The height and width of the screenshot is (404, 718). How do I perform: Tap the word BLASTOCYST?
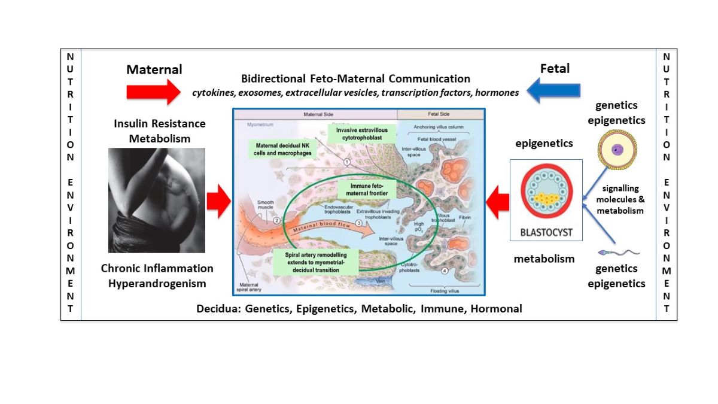click(546, 229)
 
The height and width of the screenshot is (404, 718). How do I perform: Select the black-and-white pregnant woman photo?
click(157, 200)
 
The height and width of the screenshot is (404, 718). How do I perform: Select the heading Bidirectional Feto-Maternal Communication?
click(355, 79)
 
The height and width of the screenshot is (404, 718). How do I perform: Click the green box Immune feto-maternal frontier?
click(361, 190)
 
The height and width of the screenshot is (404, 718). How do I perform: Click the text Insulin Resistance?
click(159, 124)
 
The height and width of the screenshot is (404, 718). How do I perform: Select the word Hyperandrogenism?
click(157, 283)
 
